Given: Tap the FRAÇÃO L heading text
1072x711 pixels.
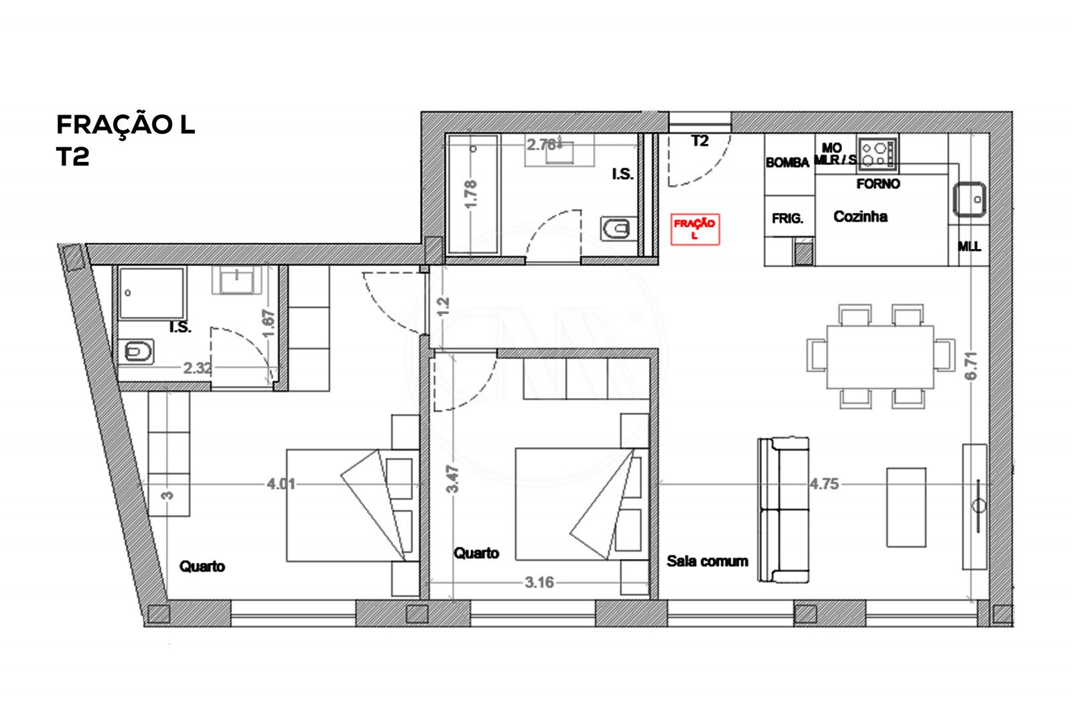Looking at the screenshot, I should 125,125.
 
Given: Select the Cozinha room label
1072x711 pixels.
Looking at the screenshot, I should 860,216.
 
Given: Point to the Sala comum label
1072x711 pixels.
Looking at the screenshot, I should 707,561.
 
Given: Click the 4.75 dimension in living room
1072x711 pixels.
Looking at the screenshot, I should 823,483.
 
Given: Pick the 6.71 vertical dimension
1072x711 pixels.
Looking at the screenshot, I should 972,366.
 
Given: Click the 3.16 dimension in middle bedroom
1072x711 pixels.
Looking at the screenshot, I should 539,582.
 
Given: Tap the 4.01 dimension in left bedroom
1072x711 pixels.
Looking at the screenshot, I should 281,483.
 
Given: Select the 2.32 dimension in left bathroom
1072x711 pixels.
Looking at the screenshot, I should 198,368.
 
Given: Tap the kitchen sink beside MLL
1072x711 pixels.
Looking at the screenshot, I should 969,200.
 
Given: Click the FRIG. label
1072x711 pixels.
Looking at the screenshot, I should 787,218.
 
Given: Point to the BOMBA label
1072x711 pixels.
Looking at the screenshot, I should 787,163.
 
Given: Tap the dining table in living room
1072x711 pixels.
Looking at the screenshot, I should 880,356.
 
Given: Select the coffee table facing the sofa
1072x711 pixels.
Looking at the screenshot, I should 906,507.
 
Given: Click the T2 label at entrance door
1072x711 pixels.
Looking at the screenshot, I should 699,141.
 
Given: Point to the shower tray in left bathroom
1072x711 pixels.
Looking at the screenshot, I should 151,294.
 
